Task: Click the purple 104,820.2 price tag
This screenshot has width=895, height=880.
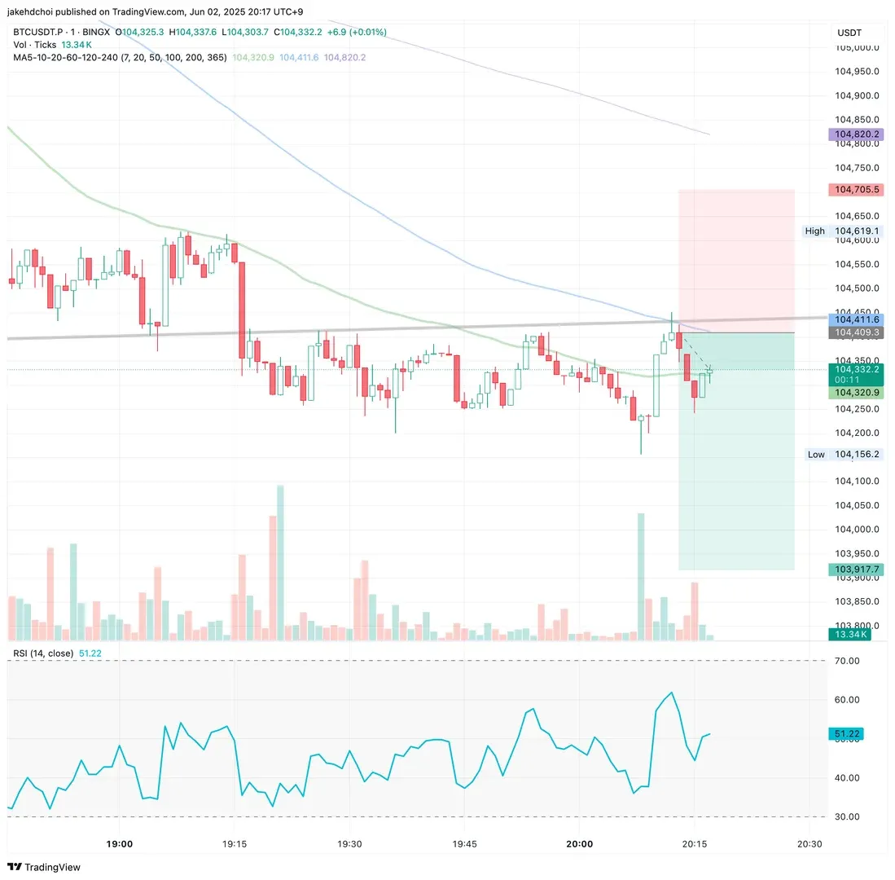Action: [855, 134]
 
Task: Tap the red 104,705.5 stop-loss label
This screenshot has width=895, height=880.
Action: [855, 190]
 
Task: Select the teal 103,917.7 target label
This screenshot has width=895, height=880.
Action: [855, 570]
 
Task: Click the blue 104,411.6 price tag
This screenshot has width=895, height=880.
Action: [855, 319]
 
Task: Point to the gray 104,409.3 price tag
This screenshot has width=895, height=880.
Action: [855, 332]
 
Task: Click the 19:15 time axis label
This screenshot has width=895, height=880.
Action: [234, 844]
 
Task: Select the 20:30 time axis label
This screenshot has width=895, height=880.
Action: [809, 844]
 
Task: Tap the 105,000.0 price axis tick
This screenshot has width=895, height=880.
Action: [858, 47]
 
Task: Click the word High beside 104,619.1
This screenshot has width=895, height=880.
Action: [814, 231]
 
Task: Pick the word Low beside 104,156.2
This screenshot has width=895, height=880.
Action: [816, 455]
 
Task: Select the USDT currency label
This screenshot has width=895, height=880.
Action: [849, 33]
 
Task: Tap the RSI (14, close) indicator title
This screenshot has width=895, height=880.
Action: [43, 653]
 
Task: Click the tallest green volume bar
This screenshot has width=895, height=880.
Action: [280, 562]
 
